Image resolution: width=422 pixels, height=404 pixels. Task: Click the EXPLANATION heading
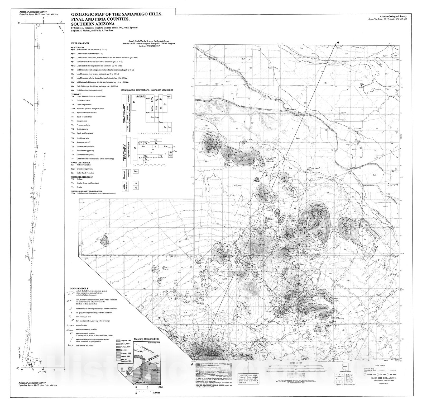coord(80,43)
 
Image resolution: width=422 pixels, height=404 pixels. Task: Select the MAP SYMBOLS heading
coord(79,289)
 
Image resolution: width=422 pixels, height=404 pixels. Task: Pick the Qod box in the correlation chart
coord(169,127)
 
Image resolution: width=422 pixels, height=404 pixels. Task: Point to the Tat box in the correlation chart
coord(156,140)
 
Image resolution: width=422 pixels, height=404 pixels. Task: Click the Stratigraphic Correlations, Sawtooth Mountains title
coord(147,90)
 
